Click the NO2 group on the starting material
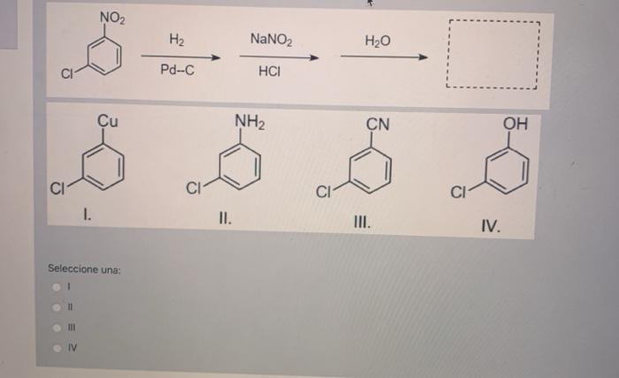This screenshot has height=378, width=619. tap(112, 17)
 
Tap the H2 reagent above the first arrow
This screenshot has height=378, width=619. tap(177, 40)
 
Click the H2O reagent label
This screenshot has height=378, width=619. tap(378, 41)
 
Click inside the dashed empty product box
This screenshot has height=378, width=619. tap(492, 55)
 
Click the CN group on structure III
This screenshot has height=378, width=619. tap(378, 125)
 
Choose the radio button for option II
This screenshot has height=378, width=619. tap(56, 307)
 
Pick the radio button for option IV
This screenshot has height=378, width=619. tap(56, 346)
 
